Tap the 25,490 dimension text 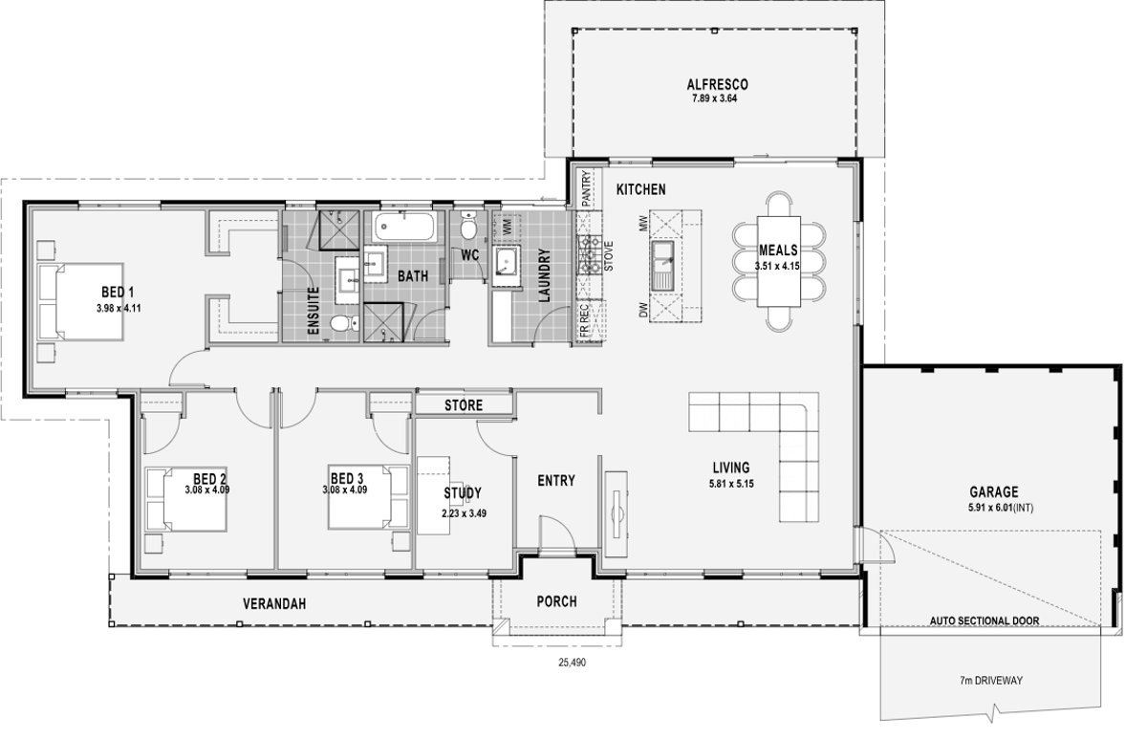click(x=572, y=663)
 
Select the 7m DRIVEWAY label click(x=991, y=681)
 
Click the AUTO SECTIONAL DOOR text click(x=985, y=620)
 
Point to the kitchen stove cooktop click(x=590, y=254)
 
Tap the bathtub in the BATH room click(x=405, y=228)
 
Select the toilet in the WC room click(x=468, y=225)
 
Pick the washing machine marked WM click(x=507, y=227)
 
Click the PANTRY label click(x=586, y=188)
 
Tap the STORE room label click(x=464, y=405)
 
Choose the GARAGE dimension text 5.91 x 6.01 click(x=1001, y=508)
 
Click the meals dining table click(x=778, y=261)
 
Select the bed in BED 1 click(x=81, y=301)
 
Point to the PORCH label click(x=556, y=601)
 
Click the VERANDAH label click(x=274, y=604)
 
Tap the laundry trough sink click(x=507, y=265)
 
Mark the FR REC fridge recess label click(x=585, y=321)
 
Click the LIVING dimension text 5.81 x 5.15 click(x=731, y=484)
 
